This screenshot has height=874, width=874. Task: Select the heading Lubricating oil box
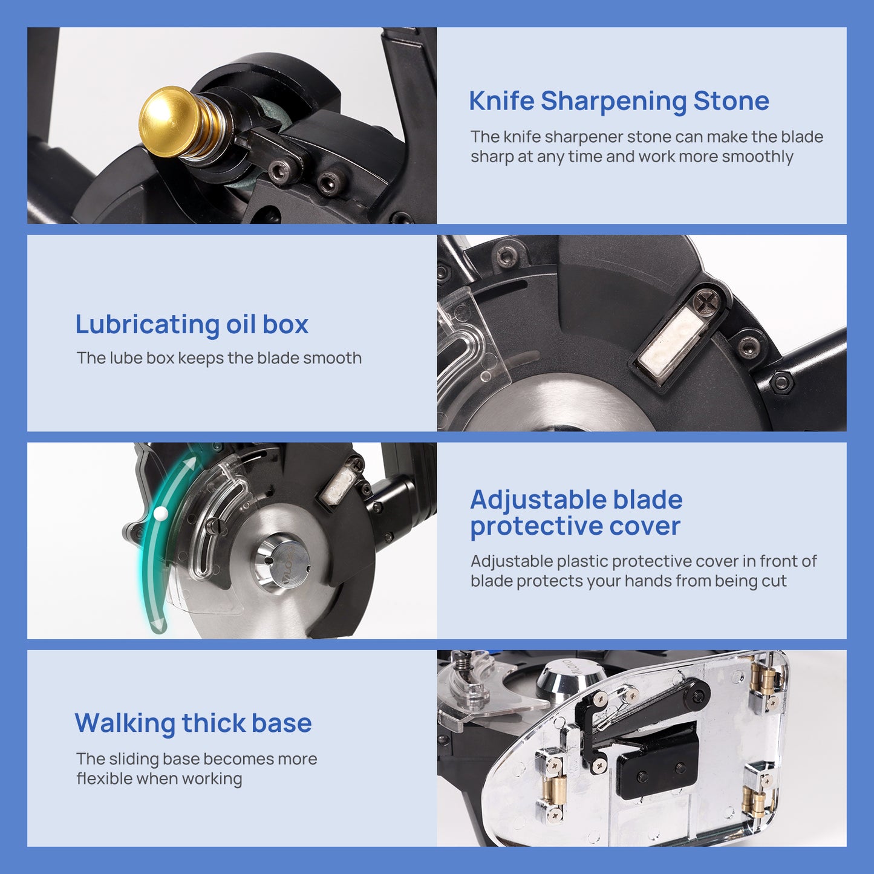(x=192, y=325)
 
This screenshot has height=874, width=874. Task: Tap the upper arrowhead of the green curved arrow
(x=191, y=463)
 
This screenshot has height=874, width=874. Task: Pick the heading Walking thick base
(x=193, y=723)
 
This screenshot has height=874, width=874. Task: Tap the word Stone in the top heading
(x=731, y=100)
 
